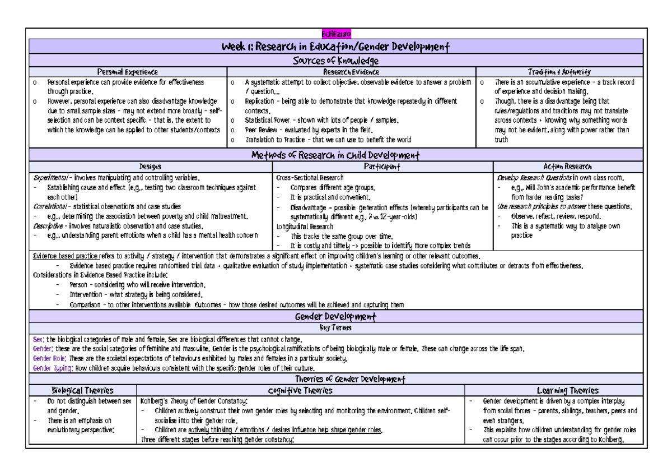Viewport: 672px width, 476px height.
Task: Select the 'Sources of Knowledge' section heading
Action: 336,61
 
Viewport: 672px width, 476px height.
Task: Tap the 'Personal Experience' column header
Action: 128,72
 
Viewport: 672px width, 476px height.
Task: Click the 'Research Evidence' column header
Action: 351,72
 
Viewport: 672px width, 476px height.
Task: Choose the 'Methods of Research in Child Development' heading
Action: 336,155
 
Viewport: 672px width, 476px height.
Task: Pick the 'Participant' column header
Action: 382,167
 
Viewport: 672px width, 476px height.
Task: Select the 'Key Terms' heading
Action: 335,328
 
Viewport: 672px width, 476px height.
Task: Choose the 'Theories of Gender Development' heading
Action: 336,380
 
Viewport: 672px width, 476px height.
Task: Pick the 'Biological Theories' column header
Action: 82,390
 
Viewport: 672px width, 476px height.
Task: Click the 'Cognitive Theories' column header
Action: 300,390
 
